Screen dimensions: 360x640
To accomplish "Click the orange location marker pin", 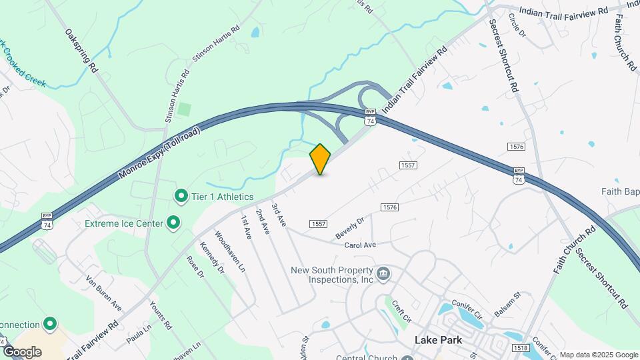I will click(321, 159).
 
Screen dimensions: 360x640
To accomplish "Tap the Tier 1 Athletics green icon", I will click(180, 197).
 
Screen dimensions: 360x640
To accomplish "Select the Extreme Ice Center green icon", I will click(173, 223).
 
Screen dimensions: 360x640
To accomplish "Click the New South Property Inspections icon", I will click(383, 273).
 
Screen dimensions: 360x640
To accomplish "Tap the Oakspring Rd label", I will click(81, 50).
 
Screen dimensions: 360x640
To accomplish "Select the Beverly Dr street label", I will click(350, 228).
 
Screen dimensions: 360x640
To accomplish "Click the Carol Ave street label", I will click(360, 245).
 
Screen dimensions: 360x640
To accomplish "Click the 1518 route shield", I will click(521, 348).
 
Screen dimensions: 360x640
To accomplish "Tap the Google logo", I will click(22, 351).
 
